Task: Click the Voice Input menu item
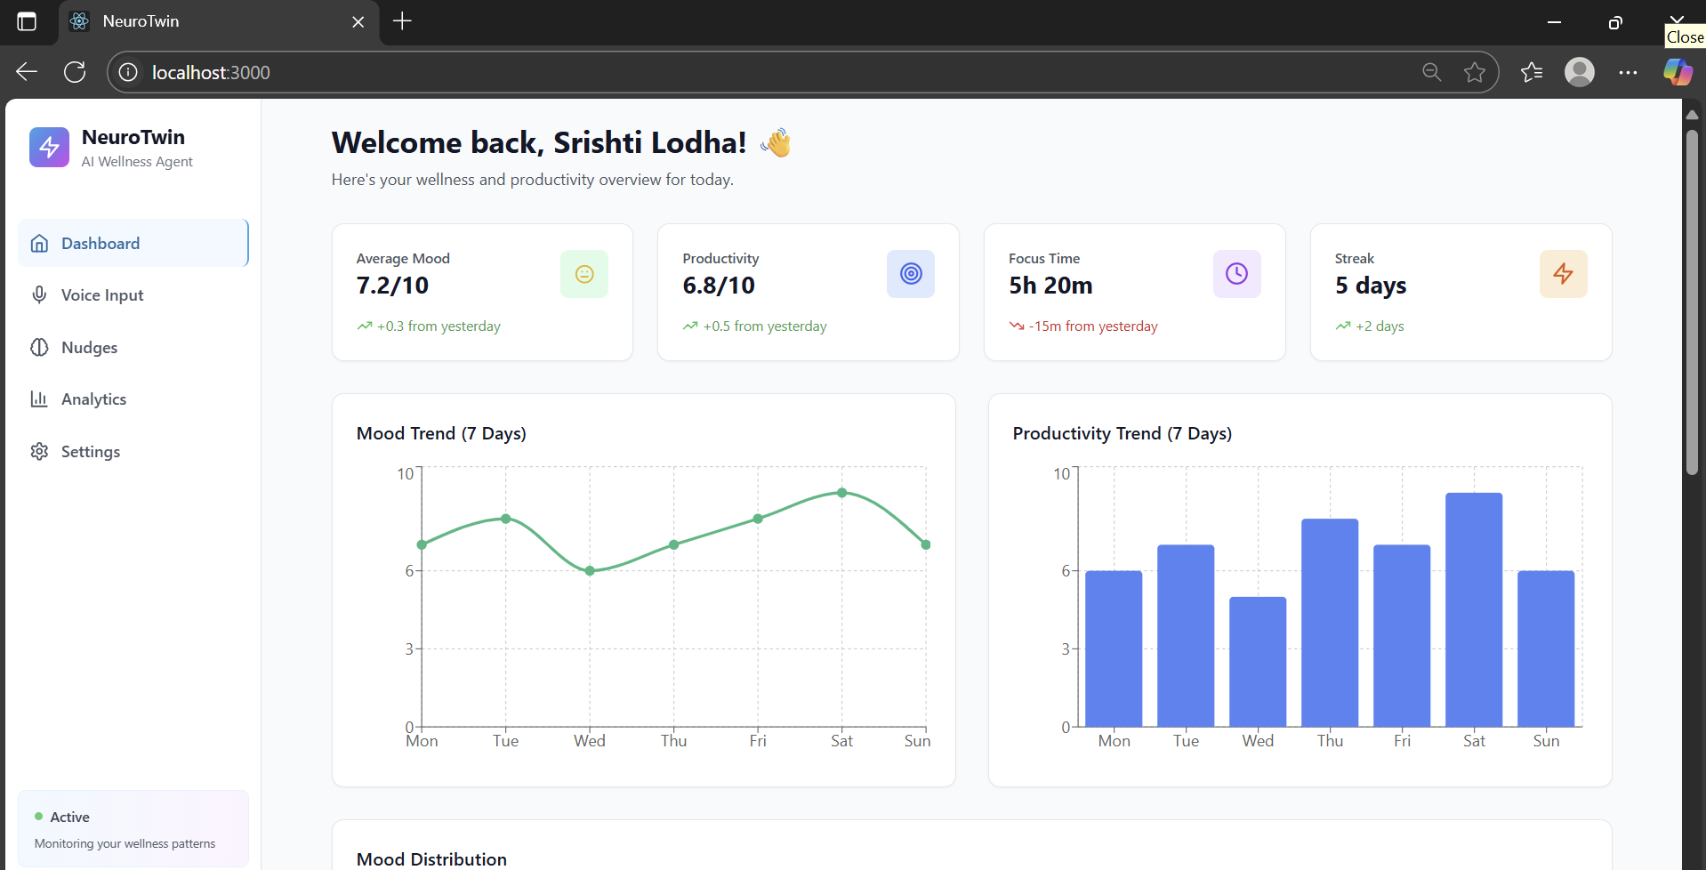click(x=101, y=295)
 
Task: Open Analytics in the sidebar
click(x=93, y=399)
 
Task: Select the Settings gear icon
click(x=39, y=452)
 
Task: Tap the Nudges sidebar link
click(x=89, y=348)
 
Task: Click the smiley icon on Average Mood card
click(x=584, y=274)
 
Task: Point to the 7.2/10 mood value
click(x=392, y=286)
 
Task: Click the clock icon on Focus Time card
click(x=1236, y=274)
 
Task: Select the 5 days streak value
click(x=1370, y=286)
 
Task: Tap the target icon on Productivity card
click(x=911, y=274)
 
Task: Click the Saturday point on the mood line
click(x=841, y=493)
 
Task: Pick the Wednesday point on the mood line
click(x=590, y=571)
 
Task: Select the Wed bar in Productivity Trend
click(x=1258, y=662)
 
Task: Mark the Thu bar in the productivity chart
click(x=1330, y=623)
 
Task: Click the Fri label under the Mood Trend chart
click(x=758, y=741)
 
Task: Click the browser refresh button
click(x=75, y=72)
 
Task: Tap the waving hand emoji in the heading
click(x=777, y=142)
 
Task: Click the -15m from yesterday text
click(x=1093, y=326)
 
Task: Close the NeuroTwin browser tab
click(x=358, y=21)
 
